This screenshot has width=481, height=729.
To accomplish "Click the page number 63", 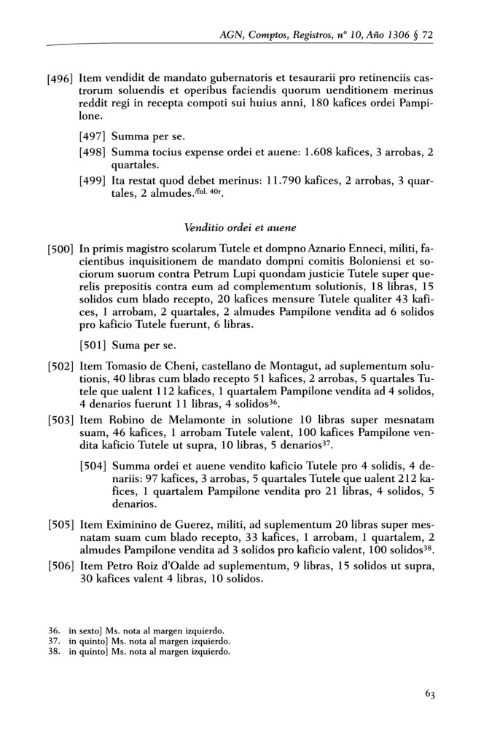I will [431, 695].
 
